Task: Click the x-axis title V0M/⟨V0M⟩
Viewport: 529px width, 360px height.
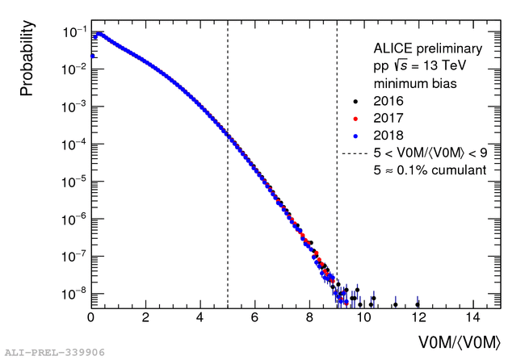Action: point(459,341)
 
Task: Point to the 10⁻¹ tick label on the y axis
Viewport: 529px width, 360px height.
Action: point(70,33)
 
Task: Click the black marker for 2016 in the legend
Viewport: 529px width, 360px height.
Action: point(355,102)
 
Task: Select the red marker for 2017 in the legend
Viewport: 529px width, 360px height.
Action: point(355,119)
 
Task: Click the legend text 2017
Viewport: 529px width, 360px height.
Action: point(388,119)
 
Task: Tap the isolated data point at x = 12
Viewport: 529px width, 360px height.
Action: point(418,304)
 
